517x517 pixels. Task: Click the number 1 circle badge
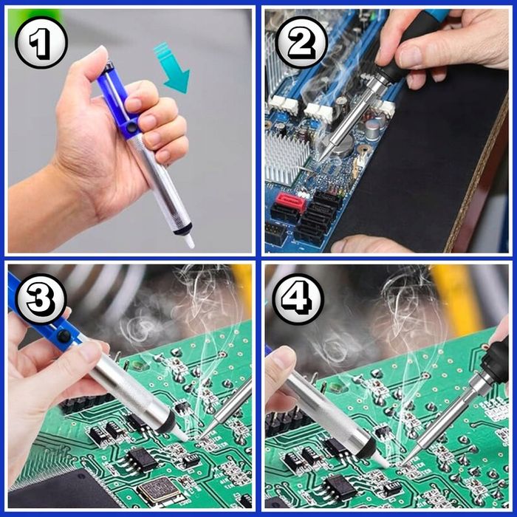coord(41,43)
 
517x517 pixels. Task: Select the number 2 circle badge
coord(301,43)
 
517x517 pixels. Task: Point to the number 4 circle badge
coord(298,299)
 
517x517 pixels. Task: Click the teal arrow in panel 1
coord(173,68)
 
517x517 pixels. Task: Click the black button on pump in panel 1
coord(132,126)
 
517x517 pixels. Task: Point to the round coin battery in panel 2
coord(342,145)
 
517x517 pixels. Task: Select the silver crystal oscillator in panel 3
coord(160,490)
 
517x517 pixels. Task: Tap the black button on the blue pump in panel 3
coord(64,335)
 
